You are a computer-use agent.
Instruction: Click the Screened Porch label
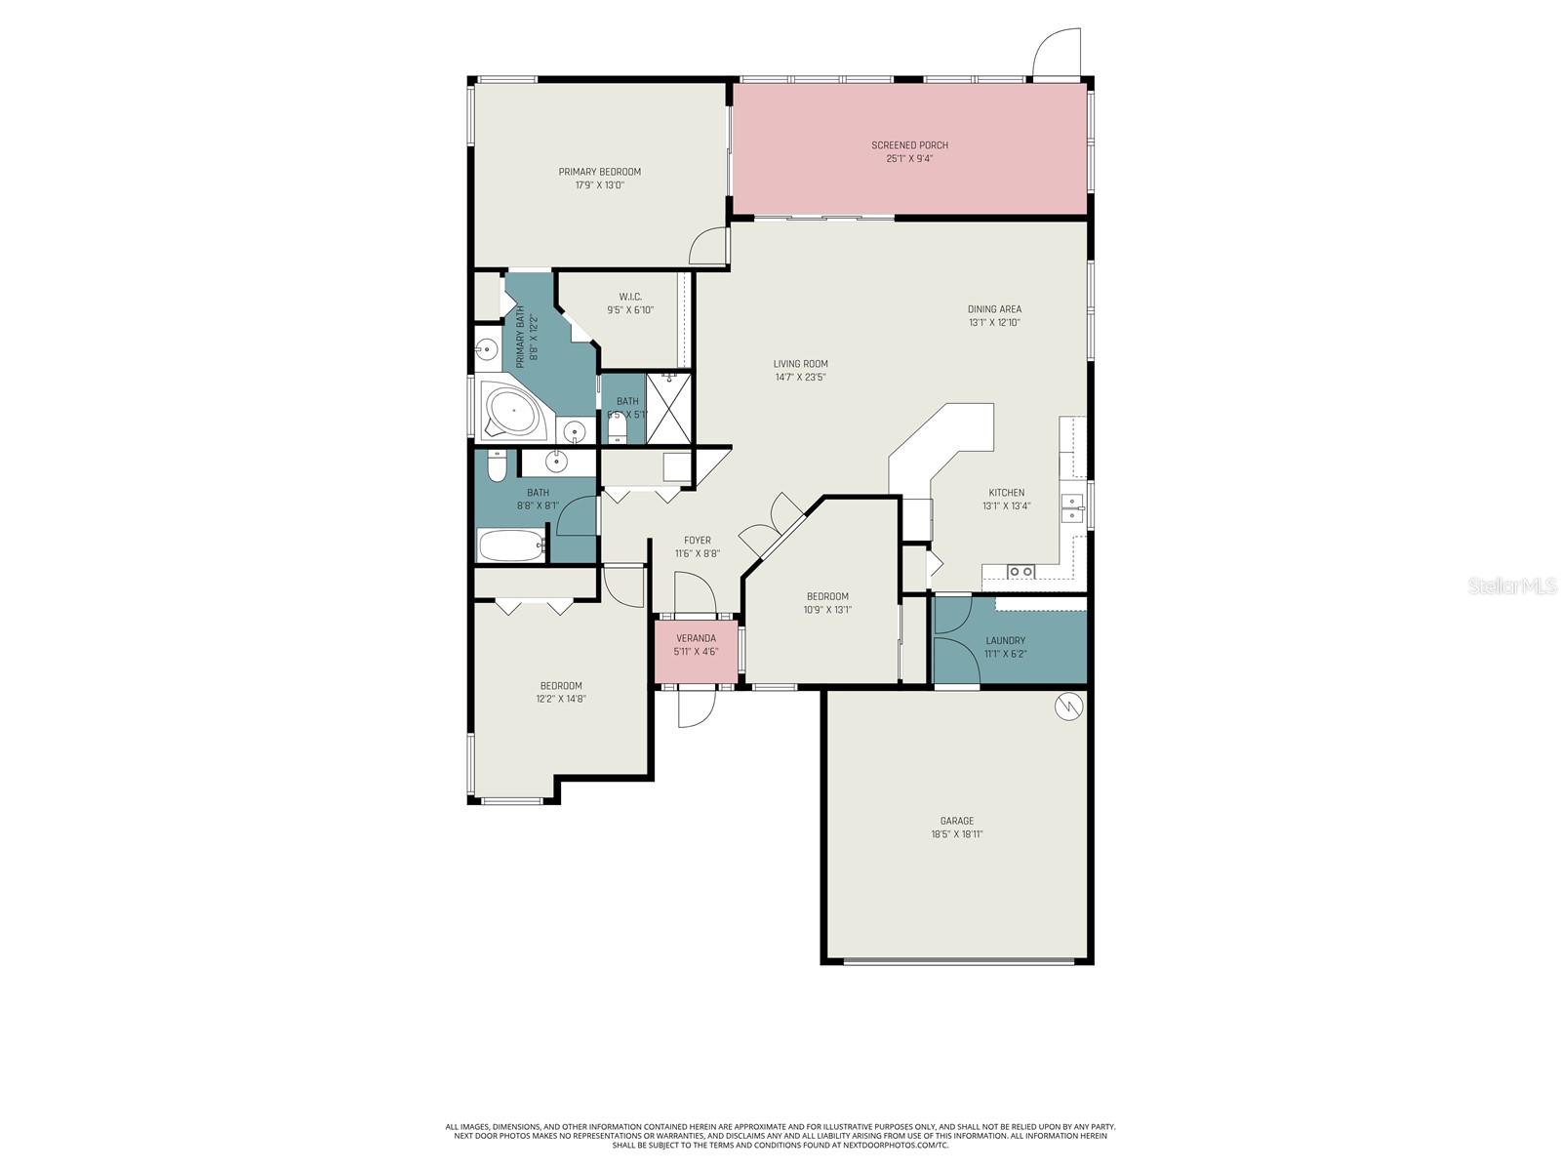point(909,145)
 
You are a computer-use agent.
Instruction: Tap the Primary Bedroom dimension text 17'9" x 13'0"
point(599,184)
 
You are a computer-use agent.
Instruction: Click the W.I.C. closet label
point(629,297)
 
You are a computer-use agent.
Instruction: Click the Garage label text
point(956,821)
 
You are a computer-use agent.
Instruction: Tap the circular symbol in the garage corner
point(1069,706)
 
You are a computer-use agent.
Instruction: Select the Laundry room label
point(1005,641)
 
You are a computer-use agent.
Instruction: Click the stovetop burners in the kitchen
point(1021,572)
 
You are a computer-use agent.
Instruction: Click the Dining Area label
point(994,309)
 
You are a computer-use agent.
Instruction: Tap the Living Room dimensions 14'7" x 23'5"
point(800,377)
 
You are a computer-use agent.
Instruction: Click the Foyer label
point(697,540)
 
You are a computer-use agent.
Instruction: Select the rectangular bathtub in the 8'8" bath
point(511,545)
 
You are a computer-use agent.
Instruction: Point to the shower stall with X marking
point(668,408)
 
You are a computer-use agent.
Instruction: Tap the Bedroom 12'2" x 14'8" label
point(561,685)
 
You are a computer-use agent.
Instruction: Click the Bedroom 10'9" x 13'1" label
point(826,596)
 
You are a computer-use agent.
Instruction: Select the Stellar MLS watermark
point(1511,585)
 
